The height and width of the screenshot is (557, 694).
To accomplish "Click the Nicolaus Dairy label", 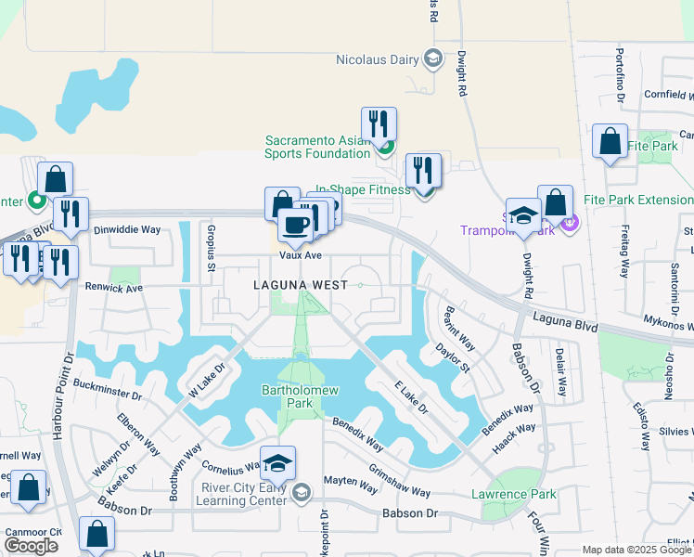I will click(379, 60).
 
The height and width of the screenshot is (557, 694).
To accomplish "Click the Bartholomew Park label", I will click(298, 396).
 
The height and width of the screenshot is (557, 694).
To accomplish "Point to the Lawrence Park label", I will click(513, 494).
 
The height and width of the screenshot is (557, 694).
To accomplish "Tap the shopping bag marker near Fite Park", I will click(610, 142).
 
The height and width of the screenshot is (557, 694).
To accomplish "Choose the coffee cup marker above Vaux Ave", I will click(296, 225).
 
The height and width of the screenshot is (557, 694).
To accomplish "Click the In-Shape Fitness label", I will click(363, 189).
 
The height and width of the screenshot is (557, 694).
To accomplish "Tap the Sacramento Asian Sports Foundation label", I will click(318, 147).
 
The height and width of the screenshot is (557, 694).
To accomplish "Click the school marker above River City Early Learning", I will click(277, 462).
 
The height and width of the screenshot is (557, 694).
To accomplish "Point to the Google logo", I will click(31, 546).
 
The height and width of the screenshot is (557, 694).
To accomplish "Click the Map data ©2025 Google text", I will click(636, 550).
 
